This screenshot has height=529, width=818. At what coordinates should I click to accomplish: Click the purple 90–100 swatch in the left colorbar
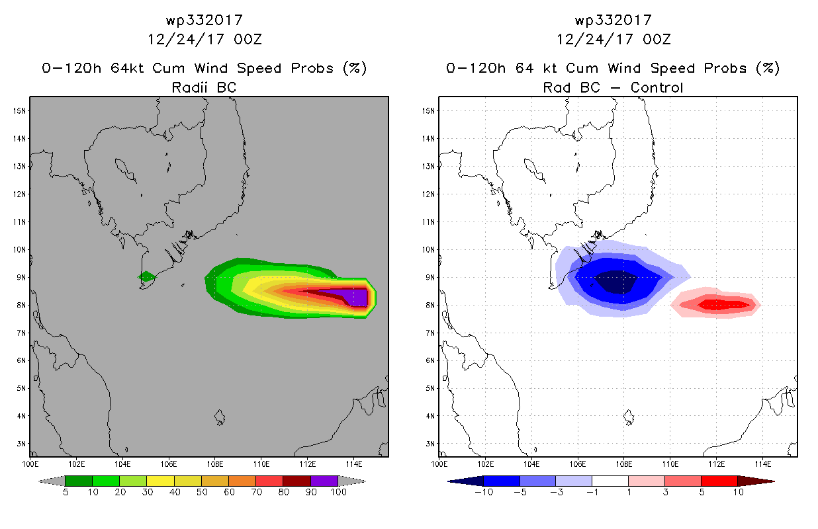(x=324, y=481)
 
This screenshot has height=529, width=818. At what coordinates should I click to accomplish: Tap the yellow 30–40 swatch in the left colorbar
(x=160, y=481)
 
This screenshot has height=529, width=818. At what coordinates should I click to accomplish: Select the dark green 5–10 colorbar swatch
(x=79, y=481)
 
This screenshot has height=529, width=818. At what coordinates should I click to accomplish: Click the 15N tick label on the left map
(x=19, y=111)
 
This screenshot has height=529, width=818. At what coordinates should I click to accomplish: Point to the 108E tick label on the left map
(x=214, y=464)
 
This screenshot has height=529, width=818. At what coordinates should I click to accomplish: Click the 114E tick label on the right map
(x=763, y=464)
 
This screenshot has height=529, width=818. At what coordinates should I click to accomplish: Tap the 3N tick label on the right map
(x=430, y=444)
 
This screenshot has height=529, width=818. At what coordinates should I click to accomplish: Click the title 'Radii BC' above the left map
(x=204, y=87)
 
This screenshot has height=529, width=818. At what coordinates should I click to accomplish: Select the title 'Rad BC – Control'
(x=613, y=87)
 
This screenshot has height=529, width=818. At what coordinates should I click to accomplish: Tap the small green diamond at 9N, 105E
(x=147, y=276)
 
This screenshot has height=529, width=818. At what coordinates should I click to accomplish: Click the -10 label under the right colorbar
(x=484, y=492)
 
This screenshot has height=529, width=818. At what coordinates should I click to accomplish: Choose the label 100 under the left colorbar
(x=338, y=492)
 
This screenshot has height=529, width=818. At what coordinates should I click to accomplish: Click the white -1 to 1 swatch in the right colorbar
(x=610, y=481)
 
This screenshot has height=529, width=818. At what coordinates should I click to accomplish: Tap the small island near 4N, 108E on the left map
(x=220, y=417)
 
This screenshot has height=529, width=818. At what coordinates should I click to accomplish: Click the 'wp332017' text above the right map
(x=613, y=20)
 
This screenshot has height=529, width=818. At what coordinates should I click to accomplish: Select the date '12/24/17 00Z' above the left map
(x=204, y=39)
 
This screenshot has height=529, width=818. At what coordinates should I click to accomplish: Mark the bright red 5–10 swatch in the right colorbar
(x=719, y=481)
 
